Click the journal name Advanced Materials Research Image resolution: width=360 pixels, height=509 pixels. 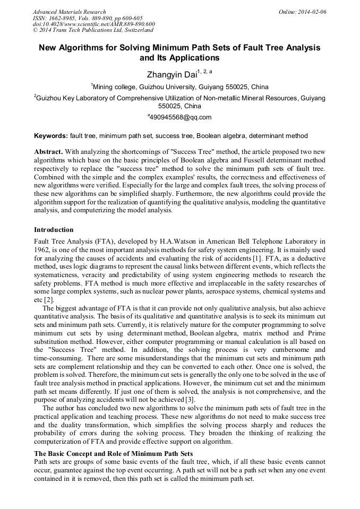coord(70,12)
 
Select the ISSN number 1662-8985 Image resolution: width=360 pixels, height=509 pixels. coord(64,18)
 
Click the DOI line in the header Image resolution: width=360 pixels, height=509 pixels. coord(94,24)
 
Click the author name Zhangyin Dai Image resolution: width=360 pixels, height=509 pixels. coord(171,74)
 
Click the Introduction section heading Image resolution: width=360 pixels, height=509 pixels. coord(54,230)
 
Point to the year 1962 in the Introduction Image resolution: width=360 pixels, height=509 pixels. coord(43,249)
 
